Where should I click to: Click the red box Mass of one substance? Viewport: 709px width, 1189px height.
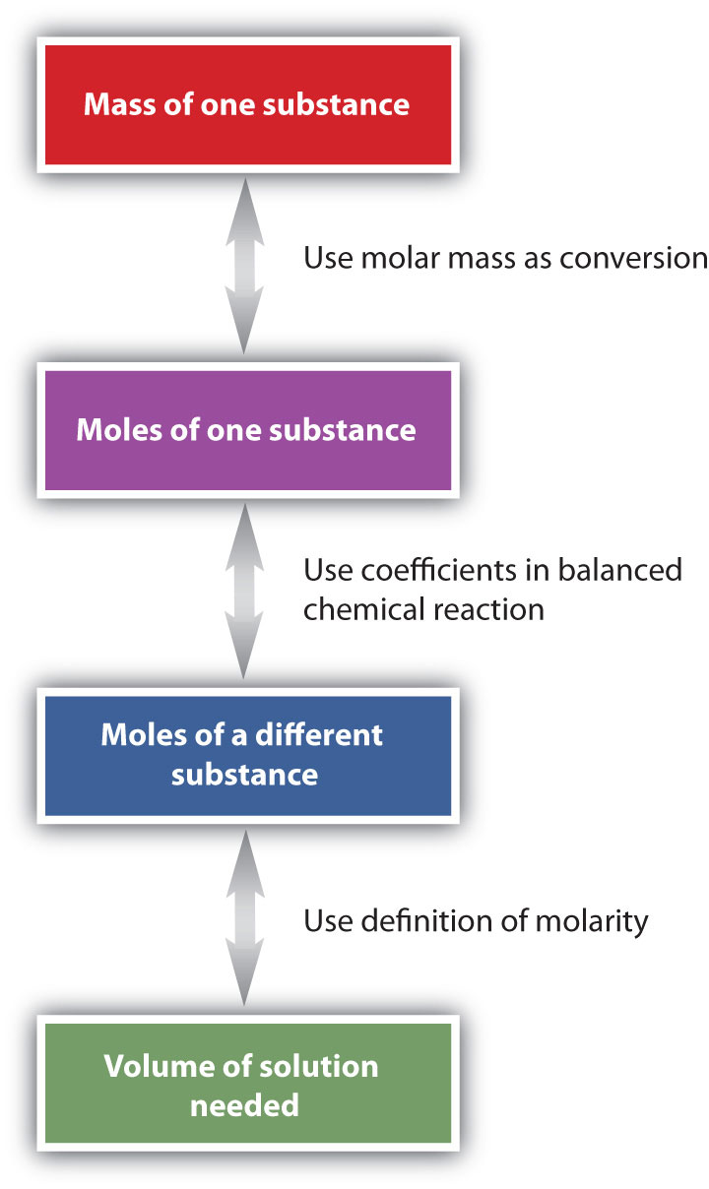(246, 104)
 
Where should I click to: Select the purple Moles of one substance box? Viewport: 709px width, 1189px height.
(246, 429)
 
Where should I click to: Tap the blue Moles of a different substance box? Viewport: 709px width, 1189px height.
(246, 754)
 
